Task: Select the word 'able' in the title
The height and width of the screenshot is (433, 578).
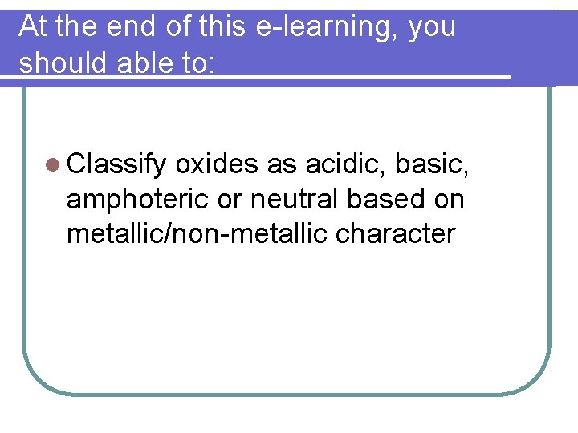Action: pyautogui.click(x=145, y=62)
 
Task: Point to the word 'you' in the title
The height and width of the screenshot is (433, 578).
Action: pyautogui.click(x=432, y=27)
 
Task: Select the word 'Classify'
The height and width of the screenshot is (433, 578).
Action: pyautogui.click(x=117, y=165)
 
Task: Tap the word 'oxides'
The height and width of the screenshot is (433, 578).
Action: pyautogui.click(x=217, y=164)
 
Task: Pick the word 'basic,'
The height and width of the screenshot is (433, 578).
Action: pyautogui.click(x=435, y=164)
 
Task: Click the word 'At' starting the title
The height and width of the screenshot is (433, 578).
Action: pyautogui.click(x=32, y=27)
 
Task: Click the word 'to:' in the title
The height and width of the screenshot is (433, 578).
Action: pyautogui.click(x=197, y=62)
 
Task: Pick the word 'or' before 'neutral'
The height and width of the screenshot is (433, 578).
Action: pyautogui.click(x=230, y=199)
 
